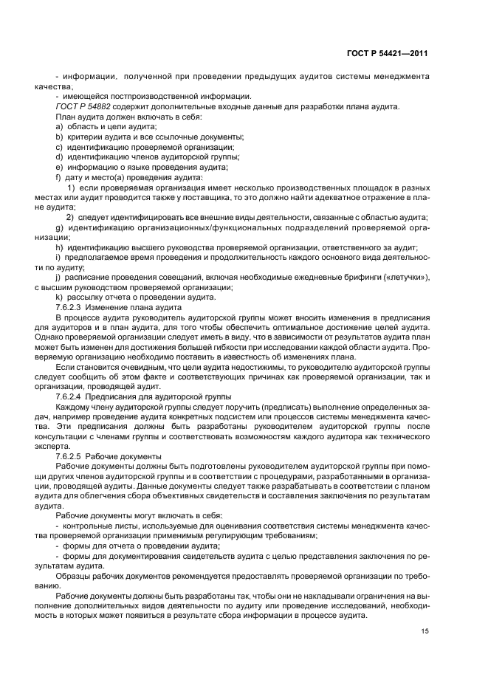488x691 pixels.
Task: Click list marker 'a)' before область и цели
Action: click(59, 128)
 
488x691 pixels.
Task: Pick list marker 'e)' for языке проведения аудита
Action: click(59, 168)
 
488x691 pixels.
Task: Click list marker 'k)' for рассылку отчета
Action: click(59, 297)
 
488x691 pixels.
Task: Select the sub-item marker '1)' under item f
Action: click(72, 188)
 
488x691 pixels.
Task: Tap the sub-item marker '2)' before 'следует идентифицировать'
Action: click(70, 217)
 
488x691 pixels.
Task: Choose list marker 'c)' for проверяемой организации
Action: click(59, 148)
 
